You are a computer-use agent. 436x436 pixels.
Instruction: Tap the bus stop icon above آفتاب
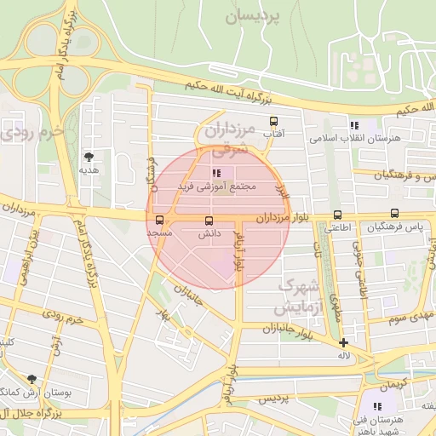273,122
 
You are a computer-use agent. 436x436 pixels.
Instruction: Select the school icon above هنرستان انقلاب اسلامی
354,125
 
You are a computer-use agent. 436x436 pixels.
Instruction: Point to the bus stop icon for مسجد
160,220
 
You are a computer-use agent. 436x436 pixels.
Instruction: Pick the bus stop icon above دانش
209,221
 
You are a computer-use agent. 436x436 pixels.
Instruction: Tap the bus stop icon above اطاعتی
338,215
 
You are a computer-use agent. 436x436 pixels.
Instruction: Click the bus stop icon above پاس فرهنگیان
394,214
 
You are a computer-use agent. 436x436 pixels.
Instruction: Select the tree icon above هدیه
89,157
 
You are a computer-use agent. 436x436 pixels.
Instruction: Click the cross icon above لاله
343,342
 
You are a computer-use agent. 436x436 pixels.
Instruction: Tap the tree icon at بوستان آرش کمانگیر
32,379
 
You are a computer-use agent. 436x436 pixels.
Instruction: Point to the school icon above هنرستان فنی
377,406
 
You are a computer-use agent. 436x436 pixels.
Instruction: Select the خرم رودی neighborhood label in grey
34,132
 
